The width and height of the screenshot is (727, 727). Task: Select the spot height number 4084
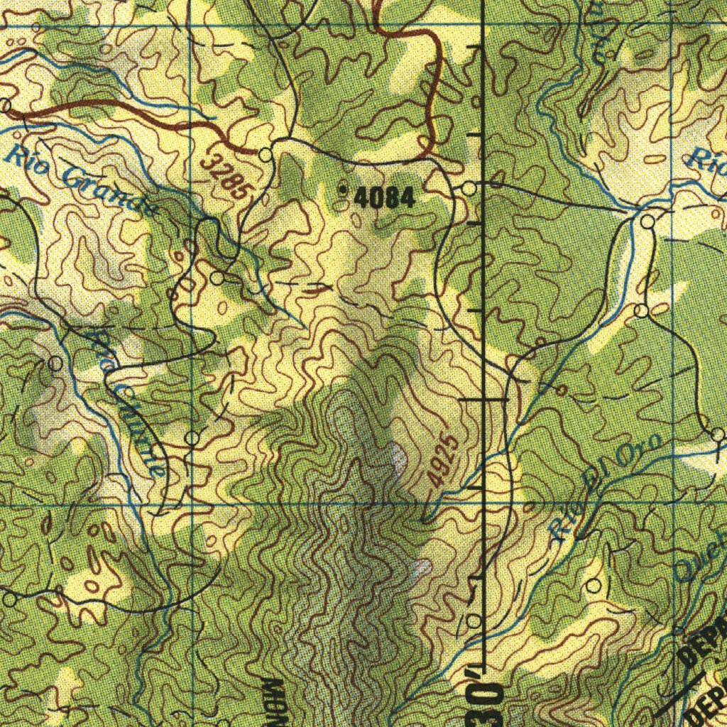[383, 198]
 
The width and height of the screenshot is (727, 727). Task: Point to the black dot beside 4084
[344, 190]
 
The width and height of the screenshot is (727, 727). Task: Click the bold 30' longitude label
[489, 699]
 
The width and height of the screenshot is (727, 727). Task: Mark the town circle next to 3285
[266, 154]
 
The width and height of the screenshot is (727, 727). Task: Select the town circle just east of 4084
[469, 189]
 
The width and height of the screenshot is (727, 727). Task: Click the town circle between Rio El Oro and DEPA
[594, 585]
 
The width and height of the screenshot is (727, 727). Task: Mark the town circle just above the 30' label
[474, 621]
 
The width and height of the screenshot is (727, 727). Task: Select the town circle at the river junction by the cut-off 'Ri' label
[647, 222]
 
